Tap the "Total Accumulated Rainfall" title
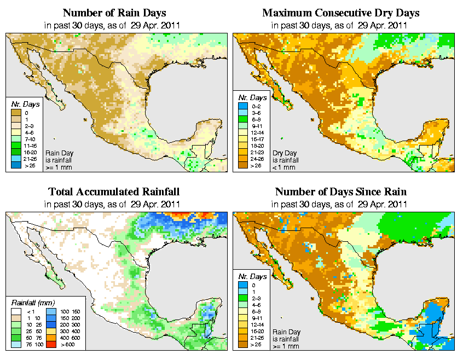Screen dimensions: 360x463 [x=114, y=192]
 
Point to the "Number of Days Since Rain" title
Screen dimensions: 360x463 [x=340, y=192]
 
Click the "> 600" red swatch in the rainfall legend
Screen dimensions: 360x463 [x=51, y=344]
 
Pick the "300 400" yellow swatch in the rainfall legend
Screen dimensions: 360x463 [x=51, y=331]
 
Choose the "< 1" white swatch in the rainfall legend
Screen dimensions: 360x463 [x=15, y=312]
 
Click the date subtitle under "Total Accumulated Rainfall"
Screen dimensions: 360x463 [x=114, y=204]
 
